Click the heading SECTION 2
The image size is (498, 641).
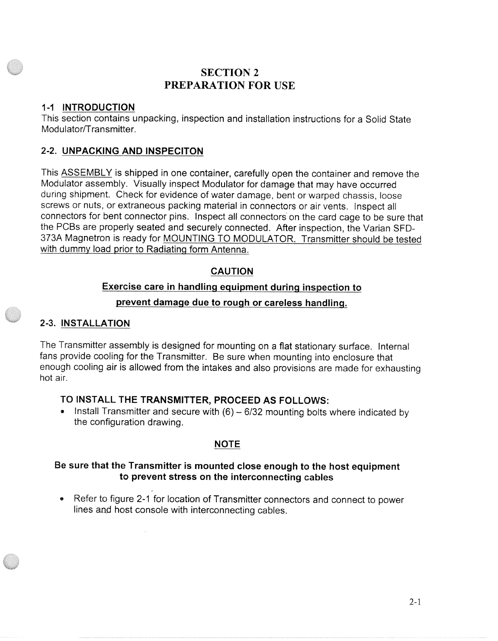[x=230, y=72]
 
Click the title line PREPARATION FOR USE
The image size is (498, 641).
[x=230, y=86]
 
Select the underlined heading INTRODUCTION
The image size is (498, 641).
[x=99, y=107]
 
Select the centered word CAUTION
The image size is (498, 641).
[x=231, y=271]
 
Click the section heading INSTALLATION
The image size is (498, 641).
[x=96, y=323]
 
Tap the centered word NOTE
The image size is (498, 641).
[x=227, y=444]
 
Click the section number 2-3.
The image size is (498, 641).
[x=48, y=323]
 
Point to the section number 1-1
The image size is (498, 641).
[x=49, y=107]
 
